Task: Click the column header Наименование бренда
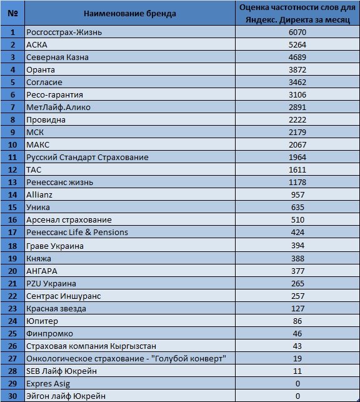tap(130, 14)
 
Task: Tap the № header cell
tap(12, 13)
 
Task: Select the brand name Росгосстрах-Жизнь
tap(64, 33)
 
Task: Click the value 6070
tap(297, 33)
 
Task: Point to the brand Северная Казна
tap(57, 57)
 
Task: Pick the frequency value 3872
tap(297, 70)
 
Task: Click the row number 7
tap(12, 107)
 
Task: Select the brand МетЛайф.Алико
tap(58, 107)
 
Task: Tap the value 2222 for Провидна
tap(297, 120)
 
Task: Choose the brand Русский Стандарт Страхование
tap(87, 157)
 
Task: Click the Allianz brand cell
tap(39, 195)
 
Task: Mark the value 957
tap(297, 195)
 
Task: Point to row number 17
tap(12, 233)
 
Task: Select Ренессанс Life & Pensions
tap(77, 233)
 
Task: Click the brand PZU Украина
tap(51, 284)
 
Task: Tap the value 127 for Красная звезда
tap(297, 309)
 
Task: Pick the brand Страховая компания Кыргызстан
tap(91, 346)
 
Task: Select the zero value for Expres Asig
tap(297, 384)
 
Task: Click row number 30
tap(12, 396)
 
